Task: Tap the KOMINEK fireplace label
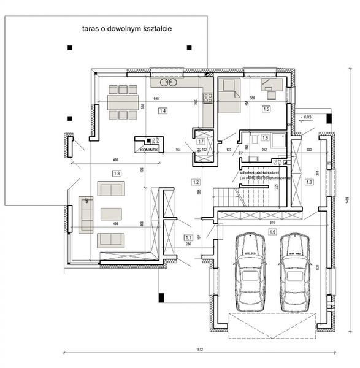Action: click(x=150, y=150)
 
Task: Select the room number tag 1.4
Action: click(x=163, y=111)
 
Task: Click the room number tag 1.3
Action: click(x=117, y=174)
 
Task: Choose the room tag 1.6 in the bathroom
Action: click(x=265, y=139)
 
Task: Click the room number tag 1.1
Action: click(x=189, y=237)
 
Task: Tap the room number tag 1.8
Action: click(x=309, y=182)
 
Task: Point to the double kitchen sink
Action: click(x=168, y=82)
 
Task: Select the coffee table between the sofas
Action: click(x=111, y=213)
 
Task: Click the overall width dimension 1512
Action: click(x=199, y=350)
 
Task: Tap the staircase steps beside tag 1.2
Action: click(x=224, y=197)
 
